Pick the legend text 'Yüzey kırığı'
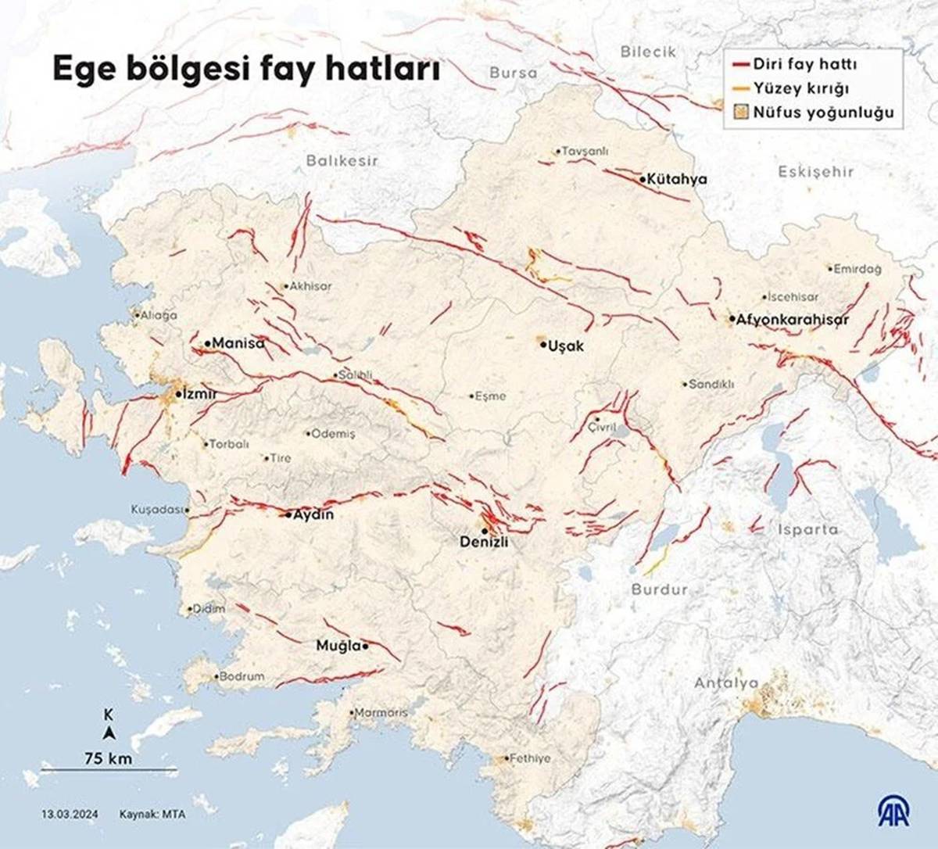tap(801, 88)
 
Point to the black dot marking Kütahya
tap(643, 179)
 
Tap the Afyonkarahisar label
tap(792, 320)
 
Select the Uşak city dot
tap(542, 345)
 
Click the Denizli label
tap(484, 542)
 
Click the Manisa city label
tap(238, 343)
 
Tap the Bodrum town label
tap(242, 676)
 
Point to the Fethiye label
tap(530, 758)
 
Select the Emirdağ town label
tap(857, 269)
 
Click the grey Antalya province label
tap(726, 683)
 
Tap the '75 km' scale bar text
tap(109, 758)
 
